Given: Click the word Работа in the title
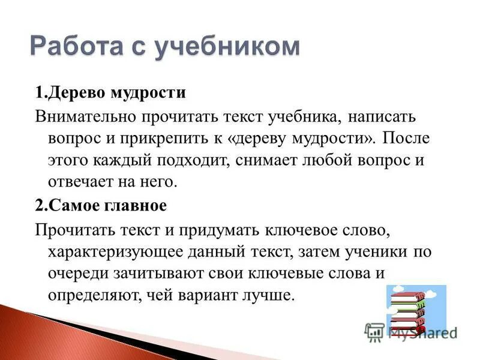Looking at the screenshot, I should [x=80, y=47].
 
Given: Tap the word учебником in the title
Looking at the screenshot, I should [x=227, y=47].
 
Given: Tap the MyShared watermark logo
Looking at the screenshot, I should [x=411, y=331].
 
